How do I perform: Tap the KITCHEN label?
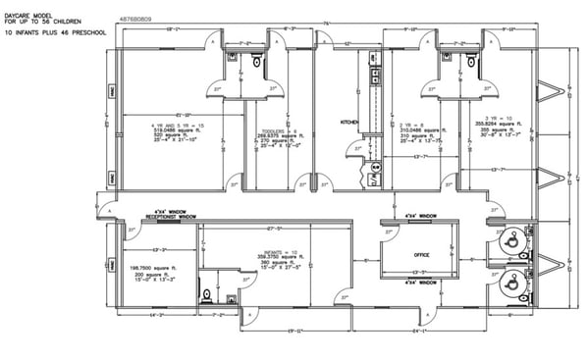(349, 122)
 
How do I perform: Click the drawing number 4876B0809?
(134, 17)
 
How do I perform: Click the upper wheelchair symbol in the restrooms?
(509, 238)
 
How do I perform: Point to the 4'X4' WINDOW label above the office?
(421, 214)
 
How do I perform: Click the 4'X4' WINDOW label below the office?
(421, 282)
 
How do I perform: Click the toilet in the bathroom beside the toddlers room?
(257, 62)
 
